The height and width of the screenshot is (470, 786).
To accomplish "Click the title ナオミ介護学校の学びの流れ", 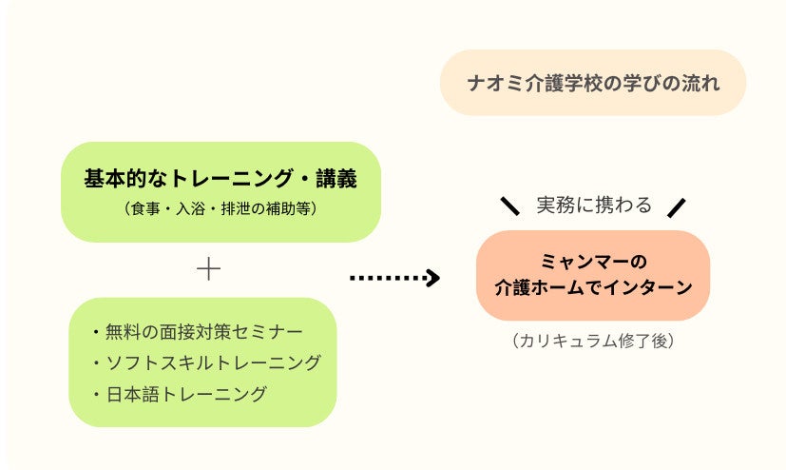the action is pyautogui.click(x=593, y=83).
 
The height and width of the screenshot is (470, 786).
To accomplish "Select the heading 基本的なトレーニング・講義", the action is pyautogui.click(x=220, y=178).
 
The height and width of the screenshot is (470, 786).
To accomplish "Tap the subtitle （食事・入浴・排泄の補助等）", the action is pyautogui.click(x=220, y=208).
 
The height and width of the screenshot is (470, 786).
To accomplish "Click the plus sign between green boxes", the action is pyautogui.click(x=208, y=269).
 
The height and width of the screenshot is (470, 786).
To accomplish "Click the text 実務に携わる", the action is pyautogui.click(x=594, y=205).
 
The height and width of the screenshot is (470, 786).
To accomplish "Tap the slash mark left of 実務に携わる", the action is pyautogui.click(x=510, y=206).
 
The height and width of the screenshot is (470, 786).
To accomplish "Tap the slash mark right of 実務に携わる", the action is pyautogui.click(x=676, y=206).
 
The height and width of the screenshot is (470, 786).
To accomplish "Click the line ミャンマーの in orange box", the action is pyautogui.click(x=593, y=261).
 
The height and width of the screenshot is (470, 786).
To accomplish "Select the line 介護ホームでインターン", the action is pyautogui.click(x=593, y=286).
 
